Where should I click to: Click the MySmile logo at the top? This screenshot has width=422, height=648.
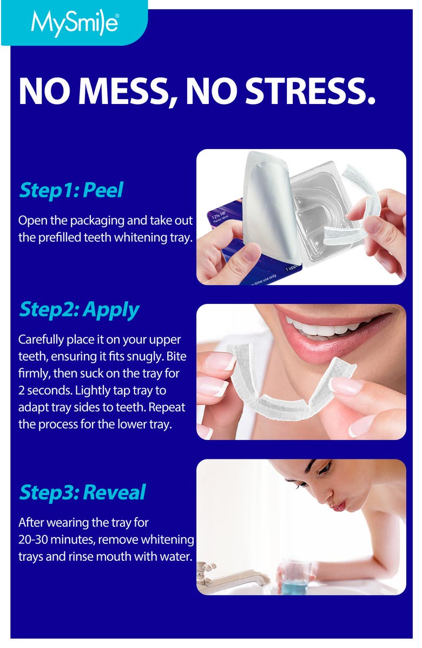pyautogui.click(x=74, y=23)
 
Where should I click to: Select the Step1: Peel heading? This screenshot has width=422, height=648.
pyautogui.click(x=71, y=190)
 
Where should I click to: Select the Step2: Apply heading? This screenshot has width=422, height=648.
pyautogui.click(x=79, y=309)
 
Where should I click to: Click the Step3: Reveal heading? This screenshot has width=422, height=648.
pyautogui.click(x=82, y=492)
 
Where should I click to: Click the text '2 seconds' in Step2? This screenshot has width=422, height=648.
pyautogui.click(x=42, y=390)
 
